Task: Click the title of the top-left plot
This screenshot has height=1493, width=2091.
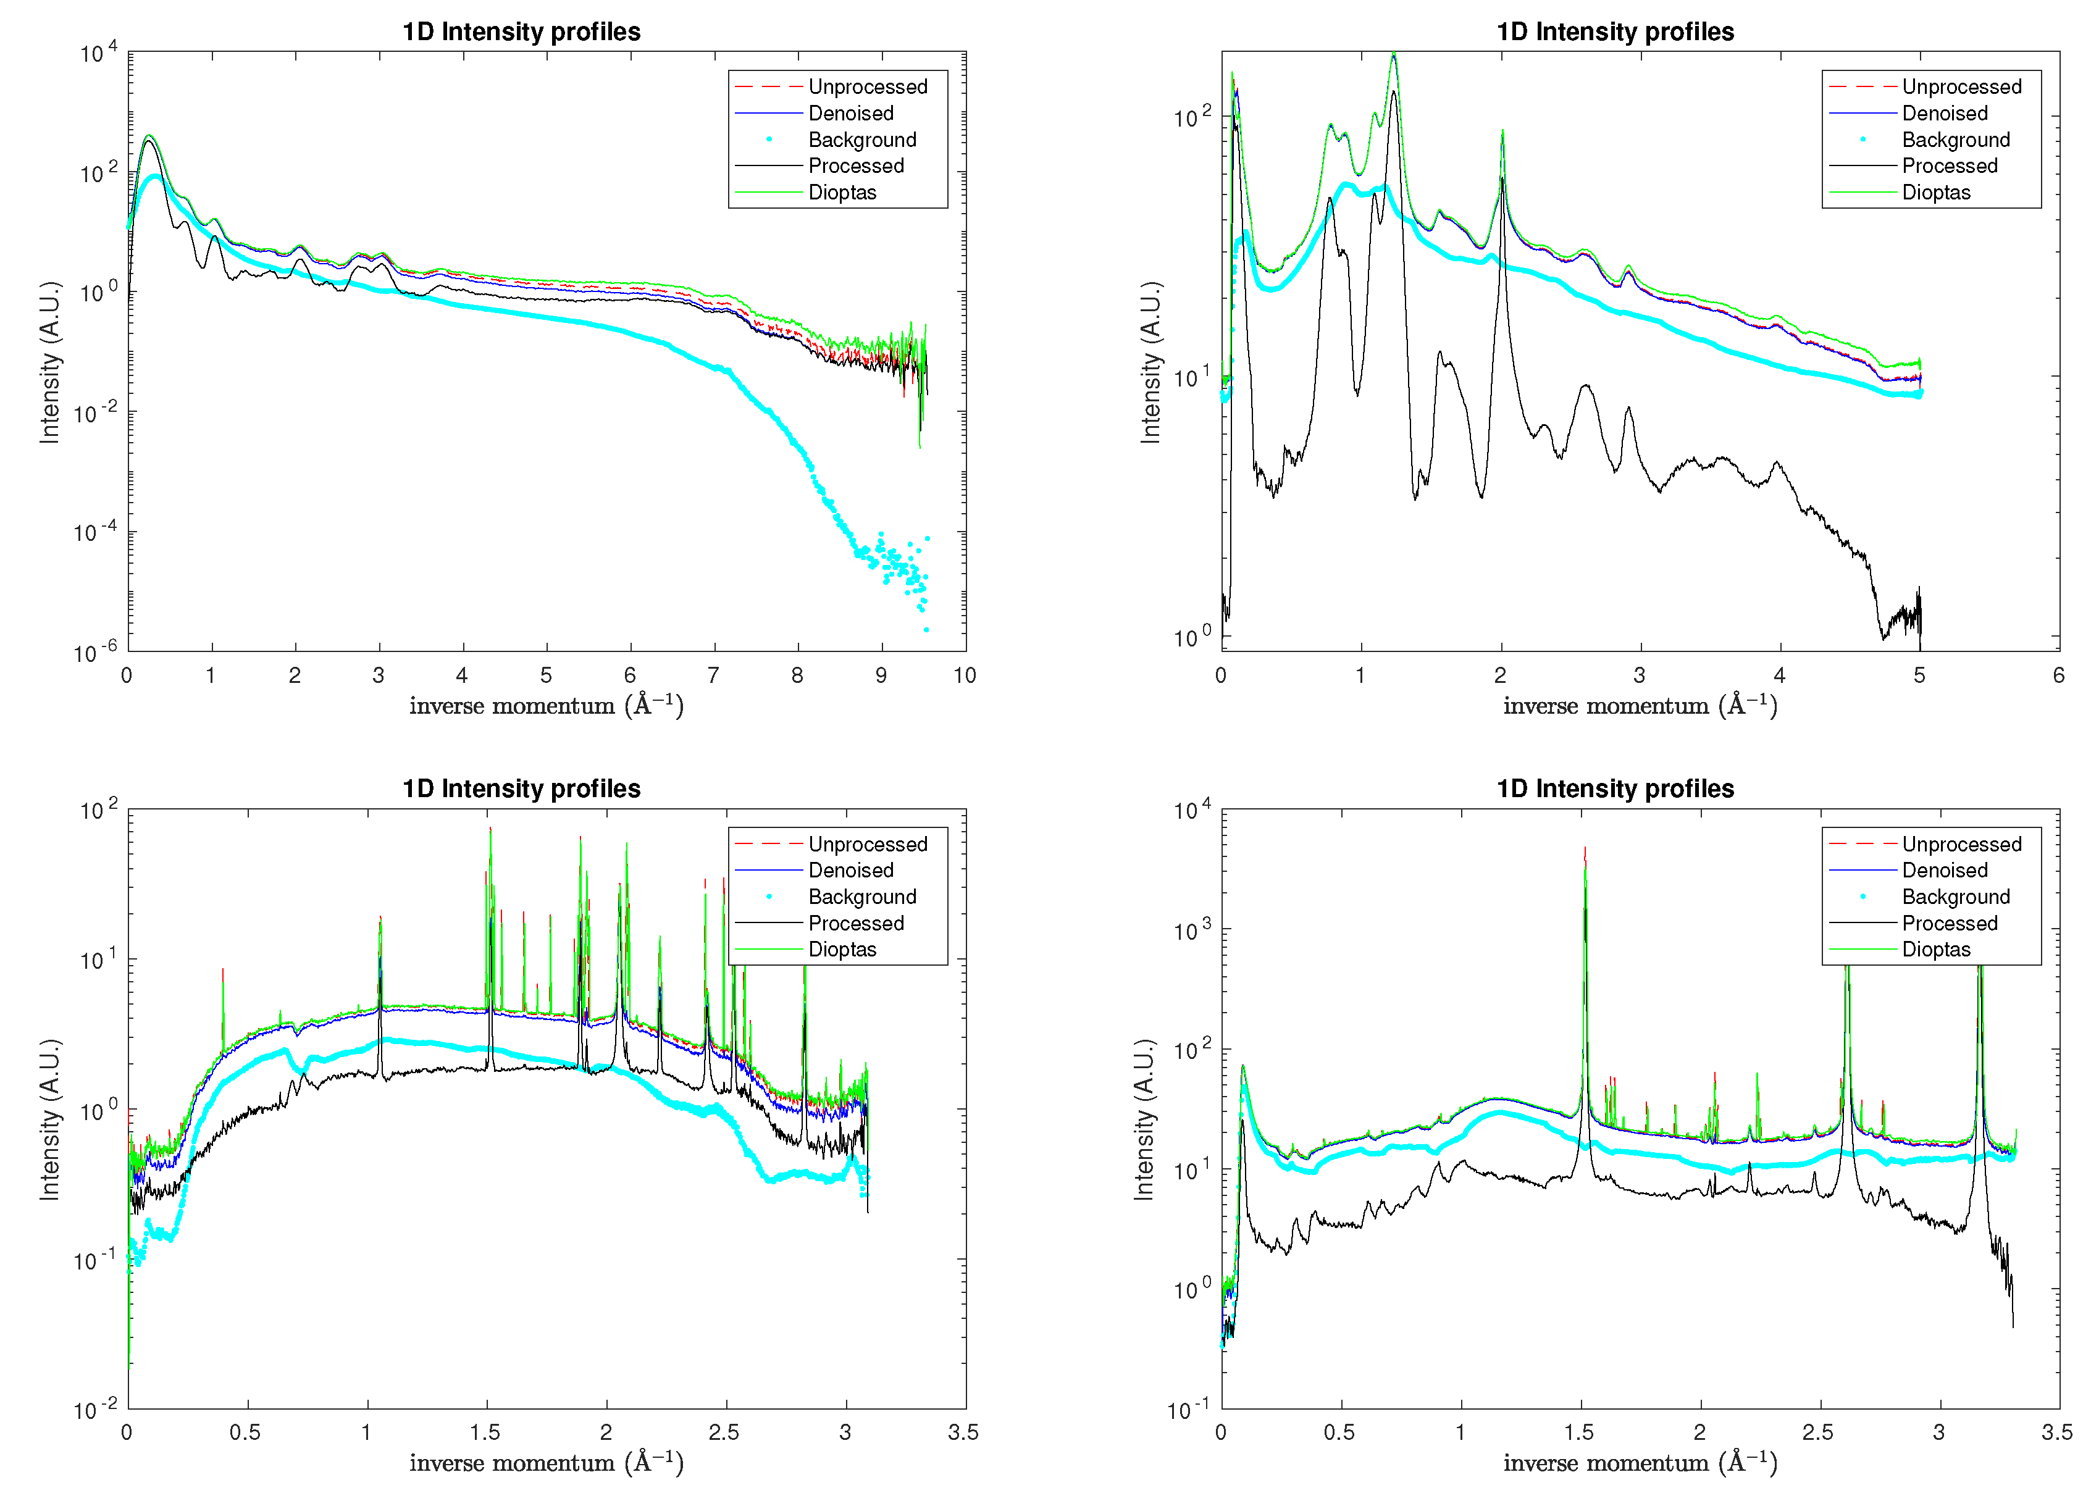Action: coord(521,31)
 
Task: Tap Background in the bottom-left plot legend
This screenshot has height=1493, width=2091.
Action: coord(861,897)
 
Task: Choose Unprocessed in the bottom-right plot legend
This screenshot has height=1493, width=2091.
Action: coord(1961,844)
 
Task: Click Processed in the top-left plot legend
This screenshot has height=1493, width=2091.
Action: coord(855,165)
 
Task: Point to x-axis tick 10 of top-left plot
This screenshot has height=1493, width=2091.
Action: coord(963,675)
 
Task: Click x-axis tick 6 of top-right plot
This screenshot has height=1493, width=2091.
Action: coord(2058,675)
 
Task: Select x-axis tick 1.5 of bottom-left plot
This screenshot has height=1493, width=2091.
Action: coord(485,1432)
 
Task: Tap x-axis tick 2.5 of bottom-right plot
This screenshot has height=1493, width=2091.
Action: coord(1818,1432)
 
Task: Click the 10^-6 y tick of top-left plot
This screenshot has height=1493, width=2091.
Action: coord(96,653)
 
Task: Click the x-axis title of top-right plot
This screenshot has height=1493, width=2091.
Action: coord(1640,705)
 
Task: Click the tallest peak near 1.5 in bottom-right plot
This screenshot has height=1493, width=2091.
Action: coord(1585,850)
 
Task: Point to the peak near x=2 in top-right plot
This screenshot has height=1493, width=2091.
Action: coord(1502,132)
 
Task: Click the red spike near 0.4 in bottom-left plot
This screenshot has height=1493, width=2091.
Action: coord(222,970)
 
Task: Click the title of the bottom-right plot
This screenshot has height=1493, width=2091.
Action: coord(1615,788)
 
